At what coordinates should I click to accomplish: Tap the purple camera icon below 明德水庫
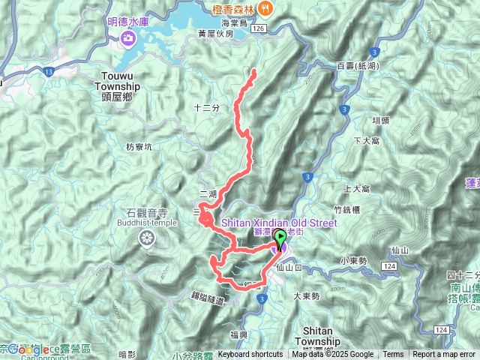tap(129, 37)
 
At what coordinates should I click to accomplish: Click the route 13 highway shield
tap(48, 71)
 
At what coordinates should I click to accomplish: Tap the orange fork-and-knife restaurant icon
tap(266, 8)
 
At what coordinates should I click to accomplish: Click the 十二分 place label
tap(206, 108)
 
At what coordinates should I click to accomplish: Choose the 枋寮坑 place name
tap(139, 147)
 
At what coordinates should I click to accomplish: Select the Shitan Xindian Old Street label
tap(278, 223)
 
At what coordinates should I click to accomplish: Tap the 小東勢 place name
tap(352, 260)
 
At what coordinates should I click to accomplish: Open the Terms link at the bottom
tap(393, 355)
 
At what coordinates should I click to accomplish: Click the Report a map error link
tap(445, 355)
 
